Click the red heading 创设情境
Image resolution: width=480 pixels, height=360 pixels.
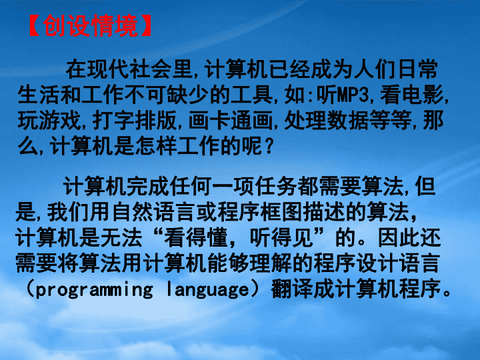click(x=90, y=26)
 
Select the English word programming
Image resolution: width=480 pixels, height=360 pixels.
click(x=94, y=290)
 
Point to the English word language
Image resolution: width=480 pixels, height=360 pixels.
click(x=208, y=290)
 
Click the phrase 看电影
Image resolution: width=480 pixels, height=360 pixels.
click(x=412, y=95)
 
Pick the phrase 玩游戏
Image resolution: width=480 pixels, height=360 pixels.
click(x=49, y=120)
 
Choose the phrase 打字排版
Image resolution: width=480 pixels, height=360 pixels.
click(x=135, y=120)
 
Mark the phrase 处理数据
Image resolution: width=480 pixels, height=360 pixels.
click(x=327, y=120)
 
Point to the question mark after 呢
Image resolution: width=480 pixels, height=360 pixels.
click(x=269, y=146)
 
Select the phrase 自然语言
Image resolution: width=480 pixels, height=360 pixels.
click(x=154, y=212)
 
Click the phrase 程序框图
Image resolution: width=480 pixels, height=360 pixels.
click(x=260, y=212)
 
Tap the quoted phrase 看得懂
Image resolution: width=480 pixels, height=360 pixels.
click(x=196, y=238)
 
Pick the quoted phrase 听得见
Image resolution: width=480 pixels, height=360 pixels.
click(x=281, y=238)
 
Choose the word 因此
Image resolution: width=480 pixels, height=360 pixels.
click(x=399, y=238)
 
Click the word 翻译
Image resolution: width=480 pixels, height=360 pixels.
click(x=292, y=289)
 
